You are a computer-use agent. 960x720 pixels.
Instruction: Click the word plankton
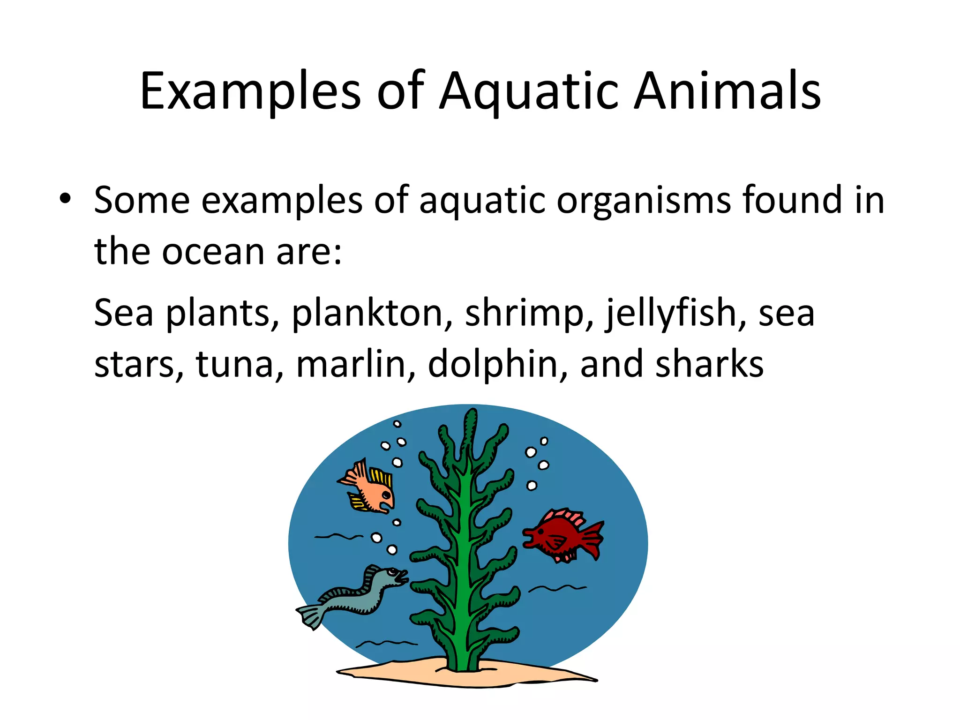point(367,313)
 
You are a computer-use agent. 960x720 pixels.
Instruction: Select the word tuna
point(234,365)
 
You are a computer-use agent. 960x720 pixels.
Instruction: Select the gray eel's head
point(391,576)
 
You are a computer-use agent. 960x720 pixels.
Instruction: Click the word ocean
point(214,252)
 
